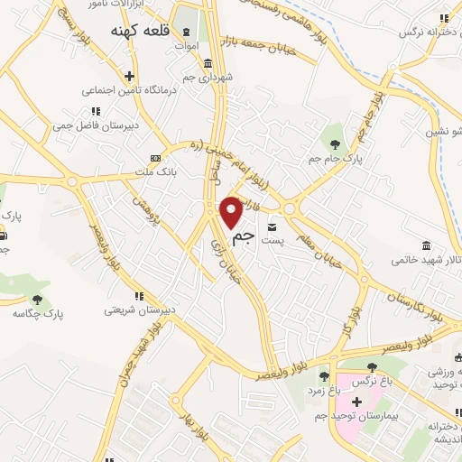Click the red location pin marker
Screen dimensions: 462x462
pyautogui.click(x=232, y=211)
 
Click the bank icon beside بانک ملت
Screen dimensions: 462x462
pyautogui.click(x=153, y=155)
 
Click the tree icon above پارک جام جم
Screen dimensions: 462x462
pyautogui.click(x=336, y=143)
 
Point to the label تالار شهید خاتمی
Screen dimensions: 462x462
pyautogui.click(x=425, y=260)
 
